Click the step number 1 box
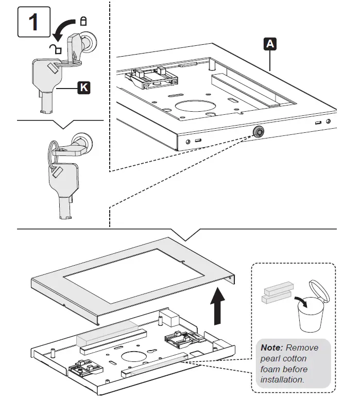point(32,22)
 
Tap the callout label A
point(269,45)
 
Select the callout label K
point(82,88)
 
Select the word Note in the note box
point(272,347)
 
